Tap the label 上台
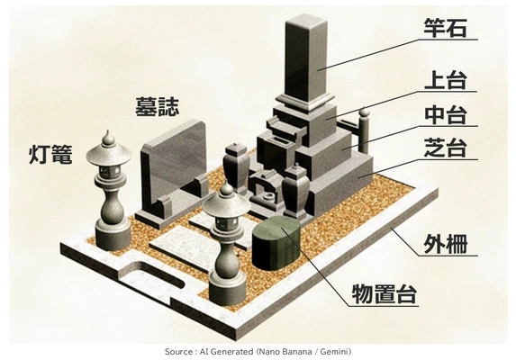447,84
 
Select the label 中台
447,115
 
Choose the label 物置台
385,292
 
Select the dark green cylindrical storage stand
277,240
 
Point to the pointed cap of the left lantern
109,142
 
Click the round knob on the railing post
365,114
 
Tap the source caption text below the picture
258,351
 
